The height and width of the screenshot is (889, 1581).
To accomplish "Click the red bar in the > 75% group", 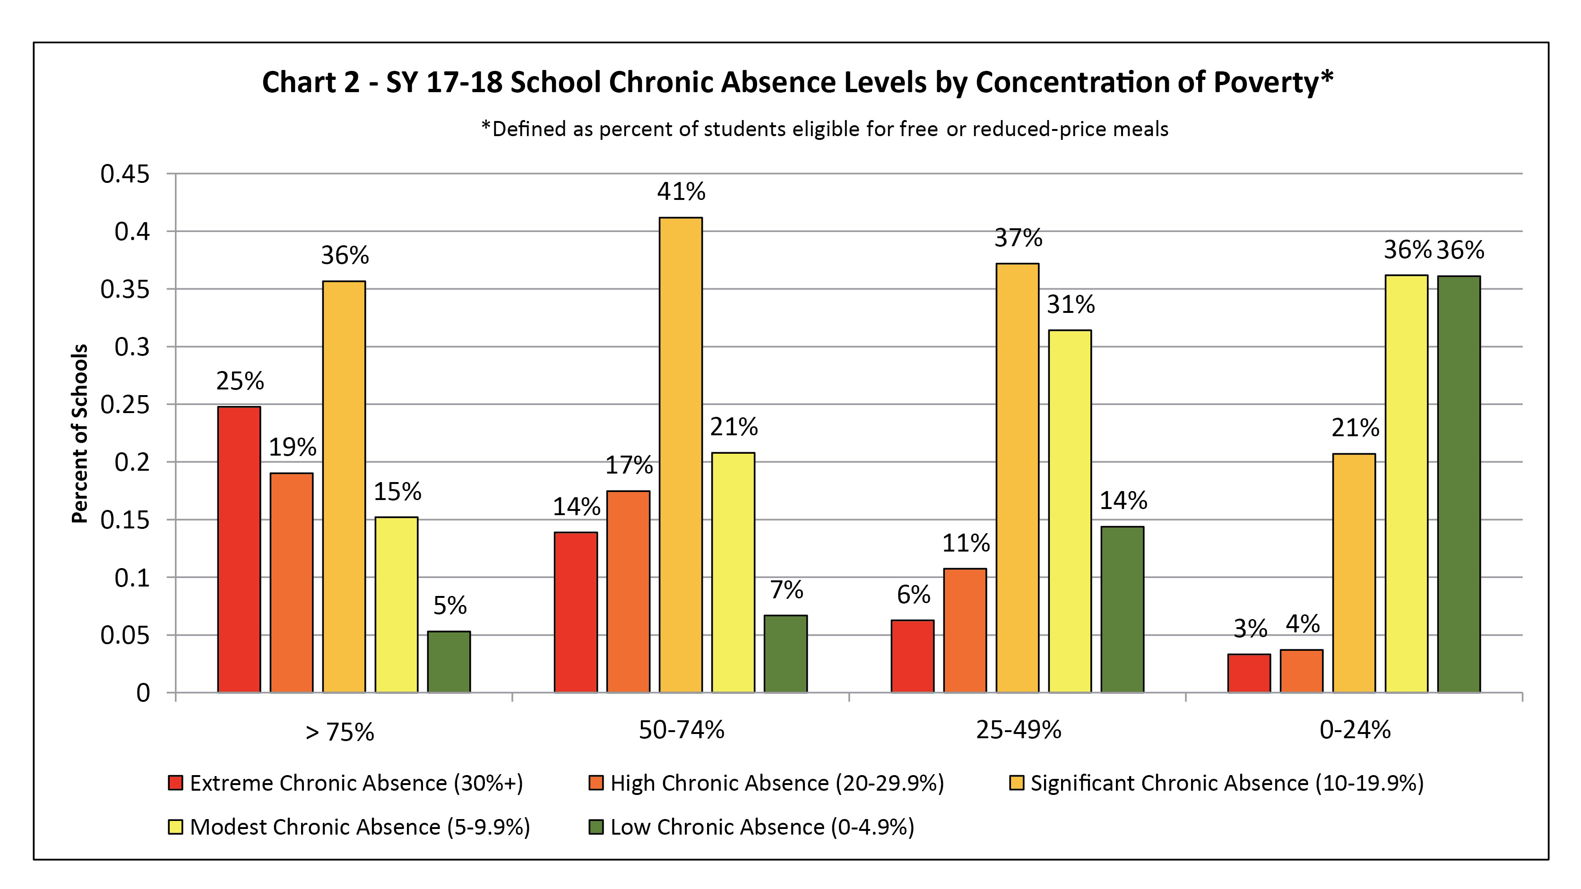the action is [239, 549].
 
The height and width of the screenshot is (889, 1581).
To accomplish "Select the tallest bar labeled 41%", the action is [681, 455].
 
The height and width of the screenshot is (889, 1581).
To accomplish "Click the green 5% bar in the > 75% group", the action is [449, 662].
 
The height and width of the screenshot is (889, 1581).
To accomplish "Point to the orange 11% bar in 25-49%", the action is [965, 630].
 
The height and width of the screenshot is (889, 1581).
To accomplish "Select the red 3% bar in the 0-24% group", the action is [1249, 673].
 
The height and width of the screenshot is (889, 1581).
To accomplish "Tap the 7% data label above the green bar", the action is [786, 590].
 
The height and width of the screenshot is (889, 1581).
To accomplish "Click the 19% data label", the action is [292, 447].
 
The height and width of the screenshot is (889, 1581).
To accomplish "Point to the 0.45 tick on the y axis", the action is [125, 174].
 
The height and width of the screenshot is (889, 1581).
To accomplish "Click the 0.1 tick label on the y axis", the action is [132, 578].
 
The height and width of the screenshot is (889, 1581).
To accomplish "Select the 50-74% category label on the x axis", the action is [681, 729].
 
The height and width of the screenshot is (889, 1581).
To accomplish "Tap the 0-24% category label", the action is [1355, 729].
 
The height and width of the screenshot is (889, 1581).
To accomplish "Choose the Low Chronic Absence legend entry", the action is [751, 827].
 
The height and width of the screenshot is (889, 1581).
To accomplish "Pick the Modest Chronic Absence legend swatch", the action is [175, 827].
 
